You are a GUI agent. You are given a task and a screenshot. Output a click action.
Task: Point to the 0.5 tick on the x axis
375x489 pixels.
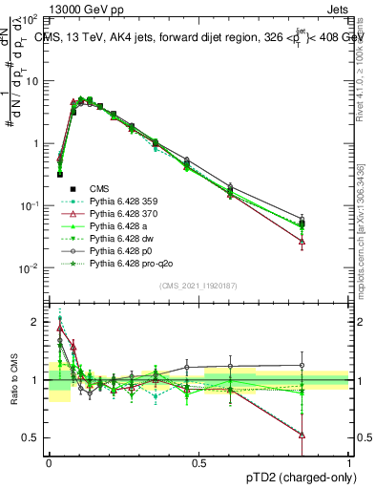[x=198, y=463]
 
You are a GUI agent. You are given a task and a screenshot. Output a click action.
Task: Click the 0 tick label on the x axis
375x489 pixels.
[x=49, y=463]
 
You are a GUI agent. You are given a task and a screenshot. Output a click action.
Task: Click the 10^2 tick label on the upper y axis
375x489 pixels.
[x=30, y=18]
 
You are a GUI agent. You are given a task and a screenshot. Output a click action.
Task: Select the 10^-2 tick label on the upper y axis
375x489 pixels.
[x=30, y=268]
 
